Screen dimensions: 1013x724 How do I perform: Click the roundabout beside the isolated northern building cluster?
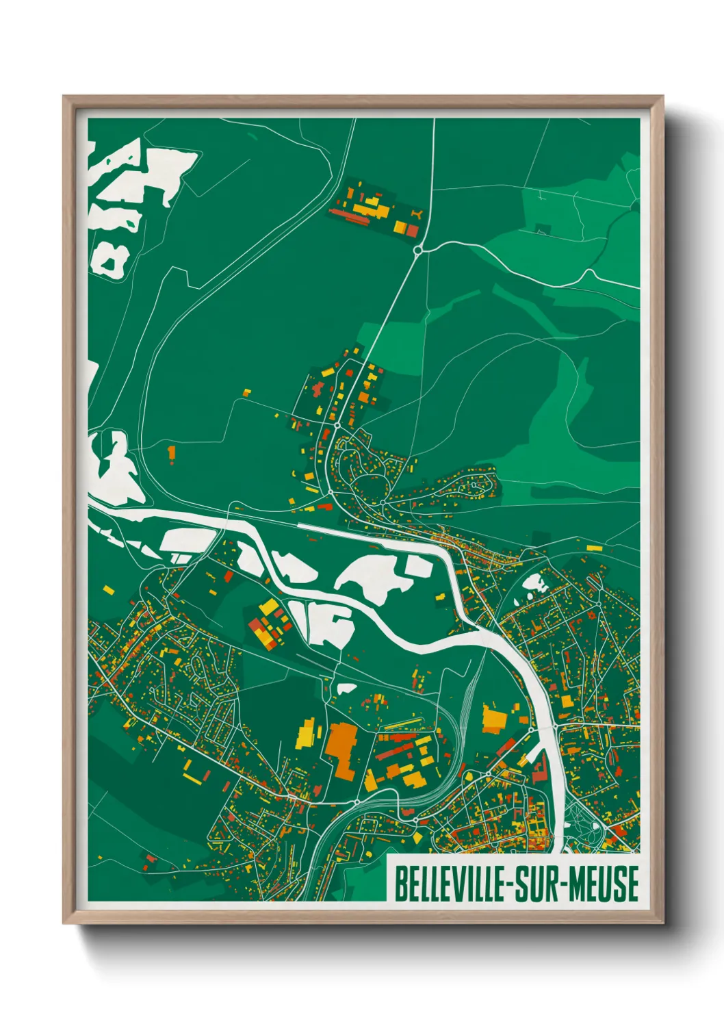tap(418, 251)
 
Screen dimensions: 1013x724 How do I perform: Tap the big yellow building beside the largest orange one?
tap(306, 734)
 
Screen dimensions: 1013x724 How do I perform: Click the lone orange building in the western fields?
tap(171, 452)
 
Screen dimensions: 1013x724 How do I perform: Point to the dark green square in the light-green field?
tap(543, 229)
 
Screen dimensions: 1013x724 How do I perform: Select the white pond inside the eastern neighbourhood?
tap(533, 583)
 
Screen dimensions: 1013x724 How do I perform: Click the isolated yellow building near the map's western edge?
tap(107, 588)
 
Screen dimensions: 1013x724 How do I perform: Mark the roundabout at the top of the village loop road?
tap(337, 426)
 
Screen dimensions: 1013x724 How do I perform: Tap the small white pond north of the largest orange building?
tap(346, 689)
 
